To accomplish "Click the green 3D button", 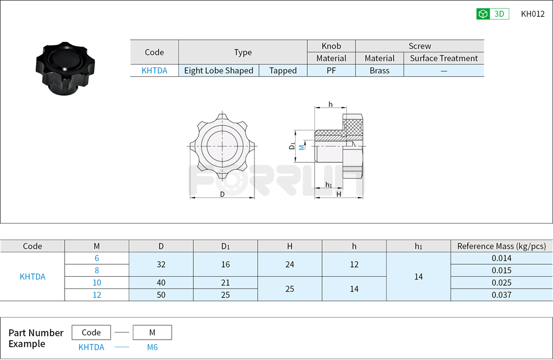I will click(492, 14).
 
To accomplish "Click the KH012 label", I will click(533, 14).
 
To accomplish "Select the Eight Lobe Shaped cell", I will click(218, 70).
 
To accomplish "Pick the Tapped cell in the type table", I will click(283, 70).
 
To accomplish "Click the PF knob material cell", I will click(331, 70).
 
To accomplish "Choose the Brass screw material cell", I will click(380, 70).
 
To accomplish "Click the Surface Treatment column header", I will click(444, 58).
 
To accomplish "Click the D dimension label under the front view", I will click(222, 194).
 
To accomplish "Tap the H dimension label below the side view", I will click(339, 194).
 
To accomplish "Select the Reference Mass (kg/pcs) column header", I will click(501, 246).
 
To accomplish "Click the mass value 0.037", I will click(501, 295).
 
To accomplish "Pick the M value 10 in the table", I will click(97, 283).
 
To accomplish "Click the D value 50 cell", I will click(161, 295).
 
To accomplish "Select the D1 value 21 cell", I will click(225, 283).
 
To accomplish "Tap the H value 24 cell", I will click(290, 264).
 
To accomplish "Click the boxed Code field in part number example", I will click(91, 333).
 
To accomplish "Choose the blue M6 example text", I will click(152, 347).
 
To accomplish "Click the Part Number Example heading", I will click(36, 338).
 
